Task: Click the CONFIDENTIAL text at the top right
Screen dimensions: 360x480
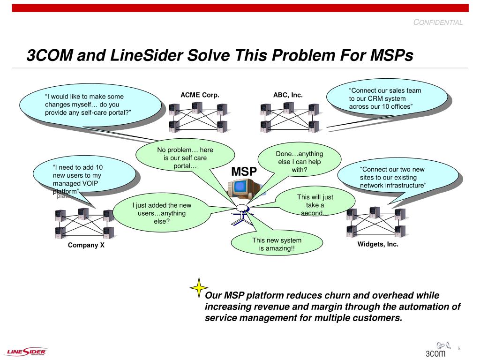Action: [438, 22]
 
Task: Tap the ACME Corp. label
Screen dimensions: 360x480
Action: [200, 95]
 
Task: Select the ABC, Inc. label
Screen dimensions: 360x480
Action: [288, 95]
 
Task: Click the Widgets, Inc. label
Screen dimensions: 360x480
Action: [378, 244]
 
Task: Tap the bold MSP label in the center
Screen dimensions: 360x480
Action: [244, 172]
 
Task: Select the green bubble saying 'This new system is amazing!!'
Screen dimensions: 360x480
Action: [277, 244]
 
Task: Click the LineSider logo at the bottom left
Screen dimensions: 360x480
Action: [27, 352]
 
